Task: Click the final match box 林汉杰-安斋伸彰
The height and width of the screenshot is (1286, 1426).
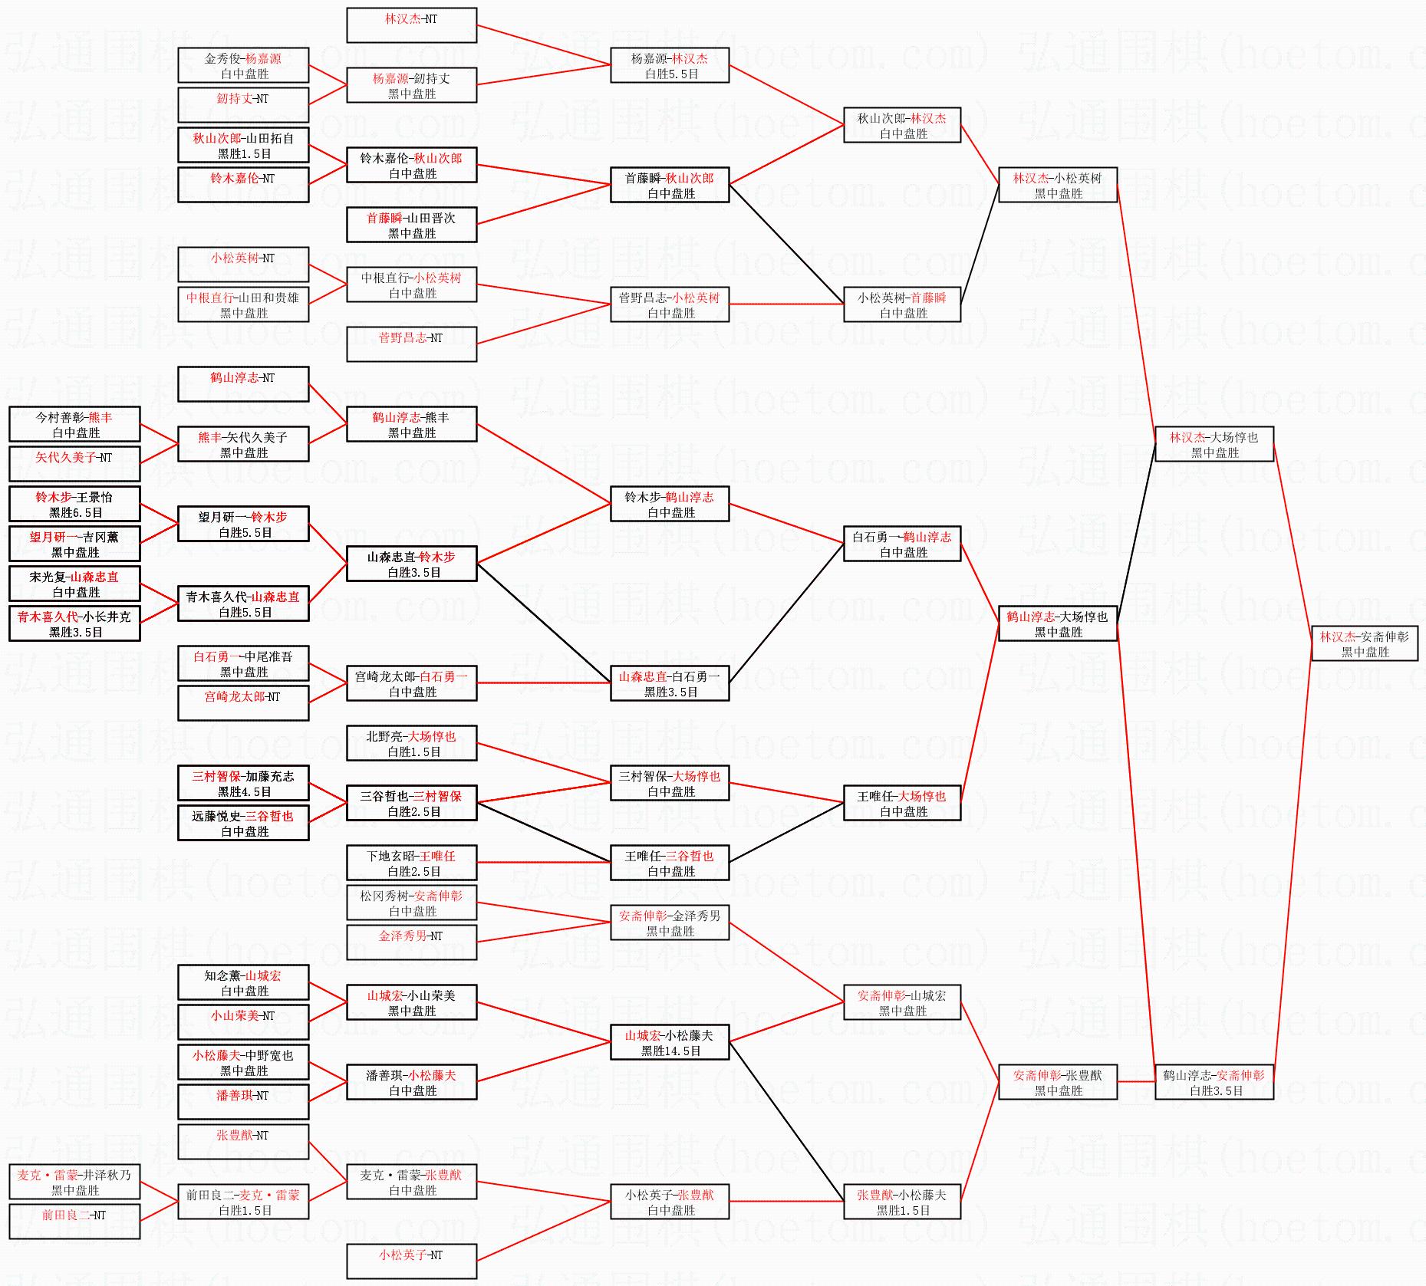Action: click(x=1364, y=643)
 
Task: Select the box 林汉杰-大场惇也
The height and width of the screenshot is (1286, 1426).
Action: click(x=1214, y=444)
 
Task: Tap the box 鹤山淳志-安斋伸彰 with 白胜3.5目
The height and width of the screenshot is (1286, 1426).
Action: click(x=1214, y=1082)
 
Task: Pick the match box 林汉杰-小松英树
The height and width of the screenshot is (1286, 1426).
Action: click(x=1057, y=185)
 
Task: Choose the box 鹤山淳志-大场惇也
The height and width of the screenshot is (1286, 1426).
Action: click(x=1057, y=623)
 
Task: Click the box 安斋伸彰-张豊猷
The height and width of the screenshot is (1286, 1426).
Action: click(x=1057, y=1082)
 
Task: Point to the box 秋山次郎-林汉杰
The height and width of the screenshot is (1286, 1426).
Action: click(x=902, y=125)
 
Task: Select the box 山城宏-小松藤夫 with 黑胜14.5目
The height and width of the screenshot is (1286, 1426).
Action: click(x=670, y=1042)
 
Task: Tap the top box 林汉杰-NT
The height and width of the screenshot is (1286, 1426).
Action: click(x=411, y=25)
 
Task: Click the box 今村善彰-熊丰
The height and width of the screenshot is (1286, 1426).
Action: click(x=74, y=424)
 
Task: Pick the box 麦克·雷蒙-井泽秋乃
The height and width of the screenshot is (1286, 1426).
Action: click(x=74, y=1182)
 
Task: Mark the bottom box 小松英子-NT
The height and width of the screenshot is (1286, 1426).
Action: click(x=411, y=1261)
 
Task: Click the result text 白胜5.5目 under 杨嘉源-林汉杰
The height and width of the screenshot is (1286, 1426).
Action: click(x=671, y=74)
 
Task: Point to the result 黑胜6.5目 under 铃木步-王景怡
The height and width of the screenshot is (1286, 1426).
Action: click(x=75, y=513)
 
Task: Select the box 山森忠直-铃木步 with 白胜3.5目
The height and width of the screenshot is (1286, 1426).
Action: click(x=411, y=564)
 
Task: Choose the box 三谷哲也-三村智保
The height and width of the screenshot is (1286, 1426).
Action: click(x=411, y=803)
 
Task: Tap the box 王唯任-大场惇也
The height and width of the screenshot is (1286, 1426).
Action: click(x=902, y=803)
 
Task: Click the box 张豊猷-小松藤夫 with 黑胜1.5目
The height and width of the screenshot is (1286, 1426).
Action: click(x=902, y=1202)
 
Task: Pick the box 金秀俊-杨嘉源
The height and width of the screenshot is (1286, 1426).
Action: click(x=243, y=65)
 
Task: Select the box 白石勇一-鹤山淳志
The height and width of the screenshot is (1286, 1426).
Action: click(x=902, y=544)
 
